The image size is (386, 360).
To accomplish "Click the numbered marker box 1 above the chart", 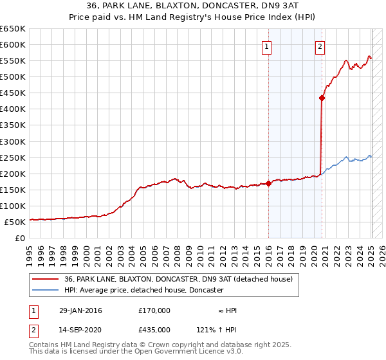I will coord(266,46).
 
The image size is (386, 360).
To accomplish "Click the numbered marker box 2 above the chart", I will coord(320,46).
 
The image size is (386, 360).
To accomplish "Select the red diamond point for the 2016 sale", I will coord(268,183).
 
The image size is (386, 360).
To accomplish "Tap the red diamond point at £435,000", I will coord(321,98).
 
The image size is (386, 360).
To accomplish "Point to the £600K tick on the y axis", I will coord(13,44).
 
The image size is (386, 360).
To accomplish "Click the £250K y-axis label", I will coord(13,157).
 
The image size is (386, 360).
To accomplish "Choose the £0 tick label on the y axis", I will coord(19,238).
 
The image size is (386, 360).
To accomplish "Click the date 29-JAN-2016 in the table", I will coord(80,310).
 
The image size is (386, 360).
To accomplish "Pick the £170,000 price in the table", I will coord(154,310).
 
